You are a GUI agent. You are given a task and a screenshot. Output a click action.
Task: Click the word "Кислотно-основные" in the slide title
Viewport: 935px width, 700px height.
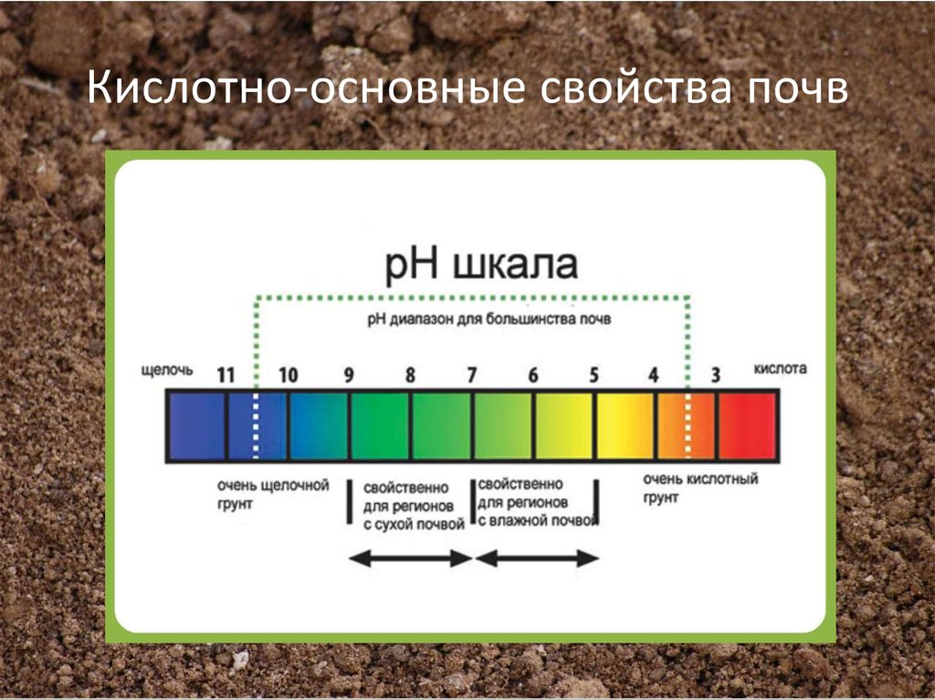coord(305,88)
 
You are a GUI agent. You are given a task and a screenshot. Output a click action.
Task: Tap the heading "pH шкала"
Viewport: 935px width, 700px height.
coord(481,266)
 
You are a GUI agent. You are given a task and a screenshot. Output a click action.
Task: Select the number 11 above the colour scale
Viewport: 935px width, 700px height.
coord(226,375)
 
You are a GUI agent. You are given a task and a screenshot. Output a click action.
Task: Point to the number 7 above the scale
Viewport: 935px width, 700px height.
coord(472,375)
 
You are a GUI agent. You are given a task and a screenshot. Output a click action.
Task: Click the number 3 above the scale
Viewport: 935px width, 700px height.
coord(716,375)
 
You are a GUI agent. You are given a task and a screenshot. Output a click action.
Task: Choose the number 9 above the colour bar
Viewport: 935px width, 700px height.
coord(349,375)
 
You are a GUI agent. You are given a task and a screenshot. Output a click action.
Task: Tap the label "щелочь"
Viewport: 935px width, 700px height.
coord(167,371)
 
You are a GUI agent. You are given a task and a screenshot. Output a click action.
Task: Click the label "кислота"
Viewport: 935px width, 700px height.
coord(780,369)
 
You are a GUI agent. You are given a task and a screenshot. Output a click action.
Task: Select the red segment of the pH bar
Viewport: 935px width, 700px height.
coord(747,425)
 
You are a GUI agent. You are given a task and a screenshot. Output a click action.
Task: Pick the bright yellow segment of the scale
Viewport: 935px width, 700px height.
coord(625,425)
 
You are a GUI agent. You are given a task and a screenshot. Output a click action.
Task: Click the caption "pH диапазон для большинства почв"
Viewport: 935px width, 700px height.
coord(489,319)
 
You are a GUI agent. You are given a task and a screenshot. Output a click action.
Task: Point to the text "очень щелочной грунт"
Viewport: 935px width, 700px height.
coord(273,495)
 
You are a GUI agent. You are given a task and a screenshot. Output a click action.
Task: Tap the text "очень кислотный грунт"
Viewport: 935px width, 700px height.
coord(700,488)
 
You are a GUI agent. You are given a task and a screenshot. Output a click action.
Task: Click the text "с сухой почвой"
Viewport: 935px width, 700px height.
coord(414,525)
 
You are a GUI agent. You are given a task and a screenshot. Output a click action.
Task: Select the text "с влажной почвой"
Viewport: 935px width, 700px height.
coord(537,520)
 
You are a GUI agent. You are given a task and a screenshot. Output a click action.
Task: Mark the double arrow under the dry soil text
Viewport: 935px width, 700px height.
coord(411,559)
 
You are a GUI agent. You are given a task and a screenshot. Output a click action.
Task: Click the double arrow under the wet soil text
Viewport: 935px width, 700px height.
coord(537,559)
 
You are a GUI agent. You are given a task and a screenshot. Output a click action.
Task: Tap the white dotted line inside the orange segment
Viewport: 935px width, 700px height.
coord(688,425)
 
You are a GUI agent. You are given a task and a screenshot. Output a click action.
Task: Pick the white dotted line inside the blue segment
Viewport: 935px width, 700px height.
coord(256,425)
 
